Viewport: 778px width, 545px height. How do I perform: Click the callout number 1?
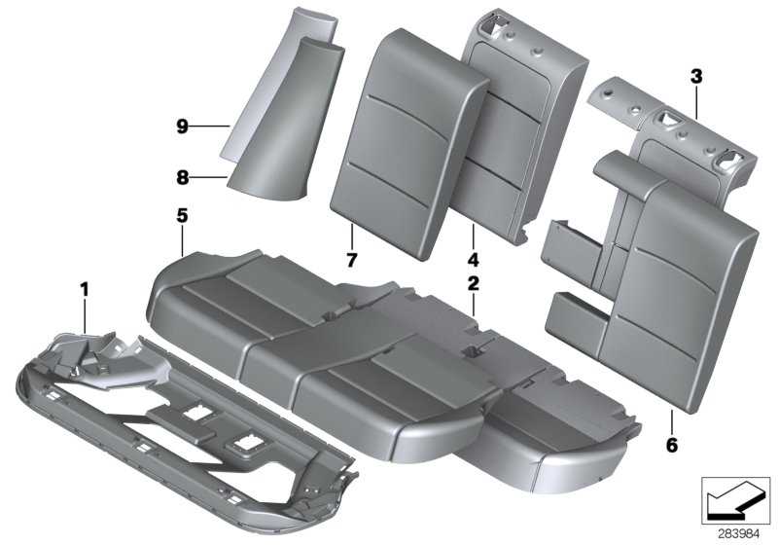(x=85, y=288)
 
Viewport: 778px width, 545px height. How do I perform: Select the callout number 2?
(x=473, y=284)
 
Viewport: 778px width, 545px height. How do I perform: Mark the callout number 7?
(x=352, y=260)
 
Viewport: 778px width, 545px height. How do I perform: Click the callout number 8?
(x=181, y=177)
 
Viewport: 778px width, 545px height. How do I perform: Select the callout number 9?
(x=181, y=126)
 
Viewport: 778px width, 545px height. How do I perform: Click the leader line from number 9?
(x=209, y=126)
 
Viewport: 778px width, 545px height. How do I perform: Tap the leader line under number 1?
(x=85, y=316)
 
